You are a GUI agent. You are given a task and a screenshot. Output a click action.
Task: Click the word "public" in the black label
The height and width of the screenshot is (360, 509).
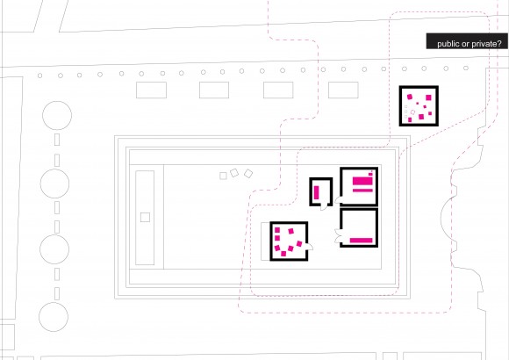(448, 44)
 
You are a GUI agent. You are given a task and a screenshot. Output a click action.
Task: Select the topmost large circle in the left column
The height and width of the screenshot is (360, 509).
(57, 115)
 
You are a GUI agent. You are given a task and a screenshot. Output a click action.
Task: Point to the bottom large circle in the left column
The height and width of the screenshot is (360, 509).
(54, 317)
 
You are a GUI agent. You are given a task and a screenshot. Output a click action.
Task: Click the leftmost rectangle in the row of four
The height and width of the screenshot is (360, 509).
(151, 90)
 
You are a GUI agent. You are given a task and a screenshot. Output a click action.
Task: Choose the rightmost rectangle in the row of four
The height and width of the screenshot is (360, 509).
(343, 90)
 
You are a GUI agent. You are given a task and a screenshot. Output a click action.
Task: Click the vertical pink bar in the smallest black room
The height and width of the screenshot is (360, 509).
(317, 192)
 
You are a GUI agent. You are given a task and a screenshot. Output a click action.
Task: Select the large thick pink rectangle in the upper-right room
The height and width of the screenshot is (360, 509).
(362, 181)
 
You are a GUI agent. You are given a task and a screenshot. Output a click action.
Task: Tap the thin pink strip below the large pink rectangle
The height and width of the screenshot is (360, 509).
(362, 190)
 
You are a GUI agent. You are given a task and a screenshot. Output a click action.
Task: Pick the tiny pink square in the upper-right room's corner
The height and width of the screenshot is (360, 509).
(370, 175)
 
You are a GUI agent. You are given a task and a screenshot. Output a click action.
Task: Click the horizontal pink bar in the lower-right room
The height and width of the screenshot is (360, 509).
(361, 241)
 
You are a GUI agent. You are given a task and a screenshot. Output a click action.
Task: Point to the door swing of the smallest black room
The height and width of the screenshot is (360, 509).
(325, 206)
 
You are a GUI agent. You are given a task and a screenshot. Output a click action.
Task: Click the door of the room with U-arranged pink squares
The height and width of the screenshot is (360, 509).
(310, 247)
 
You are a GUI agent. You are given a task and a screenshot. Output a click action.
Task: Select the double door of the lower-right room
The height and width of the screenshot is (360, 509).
(338, 236)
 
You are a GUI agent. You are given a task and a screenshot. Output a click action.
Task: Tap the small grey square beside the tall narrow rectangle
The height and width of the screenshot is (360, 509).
(145, 218)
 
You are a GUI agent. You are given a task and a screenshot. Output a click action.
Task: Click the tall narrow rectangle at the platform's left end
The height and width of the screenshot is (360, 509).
(145, 218)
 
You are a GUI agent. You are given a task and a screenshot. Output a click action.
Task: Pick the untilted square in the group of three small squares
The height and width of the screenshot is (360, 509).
(223, 176)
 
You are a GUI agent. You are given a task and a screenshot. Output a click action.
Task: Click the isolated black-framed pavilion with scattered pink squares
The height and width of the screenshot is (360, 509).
(419, 106)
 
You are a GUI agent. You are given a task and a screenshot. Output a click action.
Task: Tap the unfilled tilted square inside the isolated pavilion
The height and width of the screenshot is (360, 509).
(412, 112)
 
